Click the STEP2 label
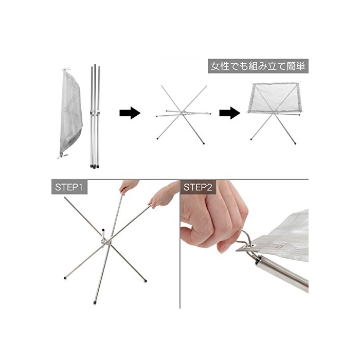[x=198, y=187]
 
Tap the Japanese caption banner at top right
[x=258, y=66]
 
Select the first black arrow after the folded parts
[x=130, y=113]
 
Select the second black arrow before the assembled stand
[x=230, y=113]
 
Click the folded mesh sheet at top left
[x=70, y=113]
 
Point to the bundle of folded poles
[x=95, y=116]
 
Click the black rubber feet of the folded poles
[x=95, y=166]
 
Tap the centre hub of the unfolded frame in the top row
[x=183, y=113]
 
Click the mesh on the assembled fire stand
[x=274, y=98]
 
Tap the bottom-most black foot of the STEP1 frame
[x=95, y=302]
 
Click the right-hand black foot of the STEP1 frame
[x=145, y=280]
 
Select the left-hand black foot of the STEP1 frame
[x=65, y=278]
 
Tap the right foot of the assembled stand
[x=295, y=143]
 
